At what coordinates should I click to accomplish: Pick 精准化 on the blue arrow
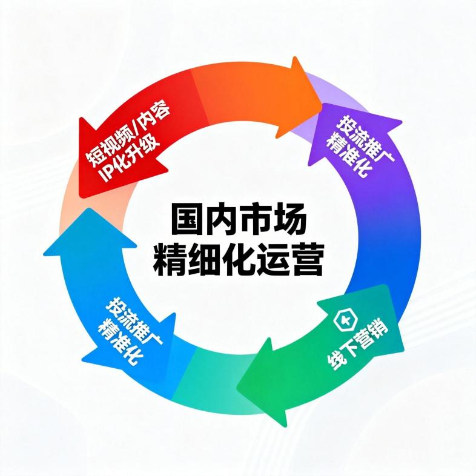119,339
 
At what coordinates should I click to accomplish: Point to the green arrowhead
266,388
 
